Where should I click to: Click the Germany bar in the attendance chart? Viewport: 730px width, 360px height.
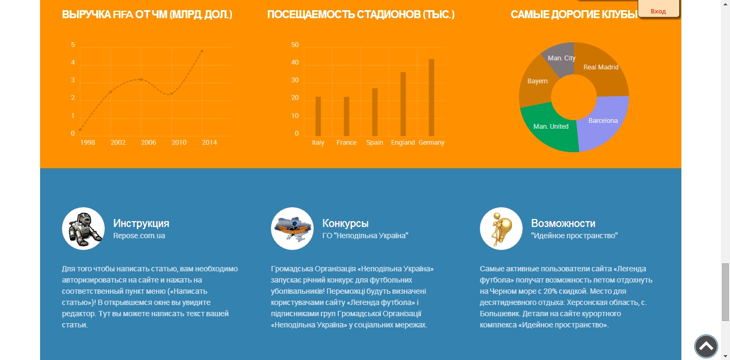point(431,97)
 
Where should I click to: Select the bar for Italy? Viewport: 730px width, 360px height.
point(318,116)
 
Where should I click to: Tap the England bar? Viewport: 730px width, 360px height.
point(403,104)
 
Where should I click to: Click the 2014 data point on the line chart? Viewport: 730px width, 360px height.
point(202,51)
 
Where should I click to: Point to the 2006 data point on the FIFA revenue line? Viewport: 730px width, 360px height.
point(141,79)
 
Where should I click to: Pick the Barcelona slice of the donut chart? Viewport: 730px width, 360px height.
point(603,122)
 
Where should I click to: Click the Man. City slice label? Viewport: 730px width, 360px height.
point(562,58)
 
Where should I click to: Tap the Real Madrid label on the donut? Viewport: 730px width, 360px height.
point(601,67)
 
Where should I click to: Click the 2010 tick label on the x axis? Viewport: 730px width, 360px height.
point(179,143)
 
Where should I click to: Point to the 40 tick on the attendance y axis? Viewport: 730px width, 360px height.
point(294,62)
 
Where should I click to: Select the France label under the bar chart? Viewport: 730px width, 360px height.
point(346,143)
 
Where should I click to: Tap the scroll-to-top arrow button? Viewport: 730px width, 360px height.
point(706,346)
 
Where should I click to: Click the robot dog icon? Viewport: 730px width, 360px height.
point(83,229)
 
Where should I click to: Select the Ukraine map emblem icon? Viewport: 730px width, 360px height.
point(292,229)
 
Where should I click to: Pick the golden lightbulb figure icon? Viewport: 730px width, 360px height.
point(501,229)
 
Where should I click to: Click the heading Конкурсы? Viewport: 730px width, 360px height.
point(345,223)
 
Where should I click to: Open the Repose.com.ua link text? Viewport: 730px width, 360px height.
point(139,236)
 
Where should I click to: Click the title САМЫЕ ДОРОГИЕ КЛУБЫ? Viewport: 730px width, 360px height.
point(574,14)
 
